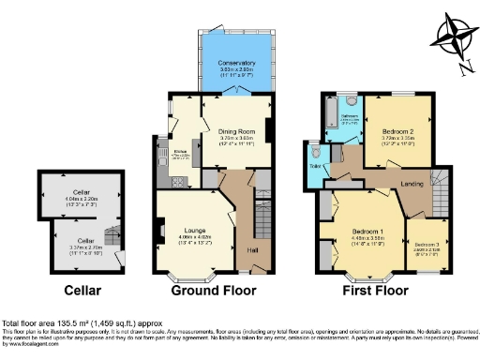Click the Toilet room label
[x=313, y=169]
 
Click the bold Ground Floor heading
[x=215, y=291]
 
